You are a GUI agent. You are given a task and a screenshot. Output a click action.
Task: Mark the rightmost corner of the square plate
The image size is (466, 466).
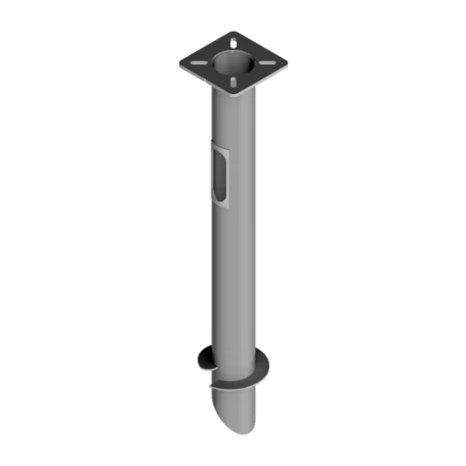[x=287, y=62]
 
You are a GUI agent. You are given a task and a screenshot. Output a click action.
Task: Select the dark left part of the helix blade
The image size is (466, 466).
[x=204, y=359]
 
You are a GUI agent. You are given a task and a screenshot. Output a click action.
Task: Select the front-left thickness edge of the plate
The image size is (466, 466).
[x=205, y=82]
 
